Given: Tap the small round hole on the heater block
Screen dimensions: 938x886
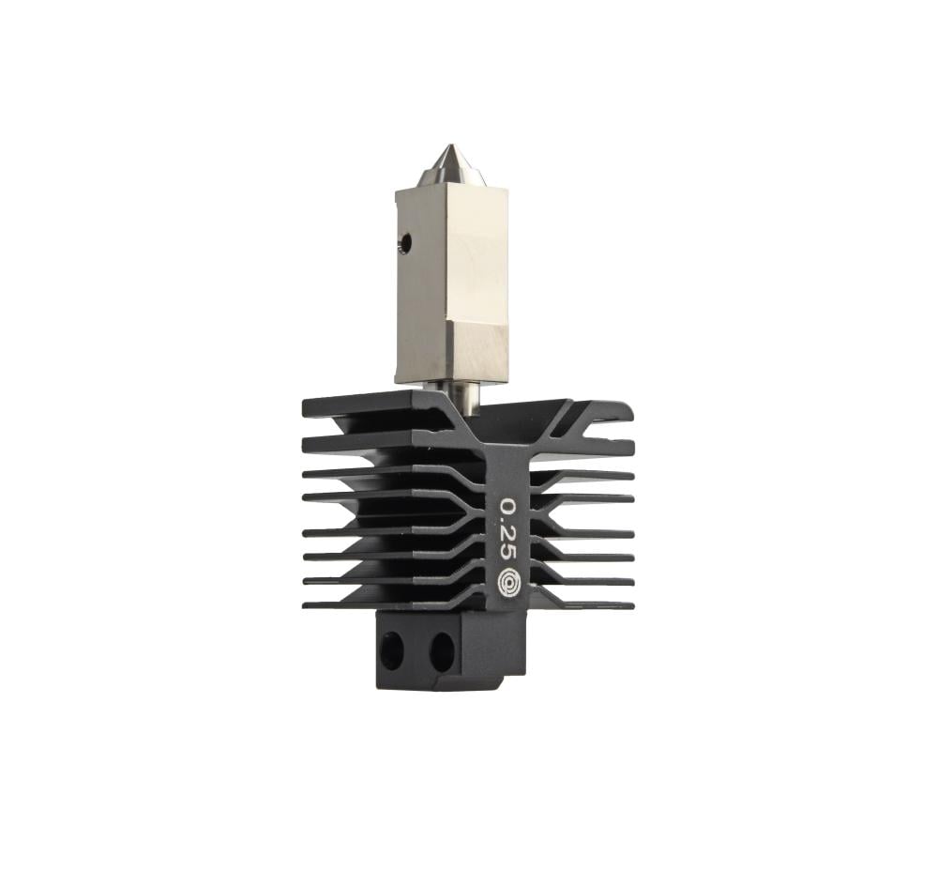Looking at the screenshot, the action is [x=406, y=243].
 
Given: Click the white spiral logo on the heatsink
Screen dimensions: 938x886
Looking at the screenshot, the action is [x=509, y=580].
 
